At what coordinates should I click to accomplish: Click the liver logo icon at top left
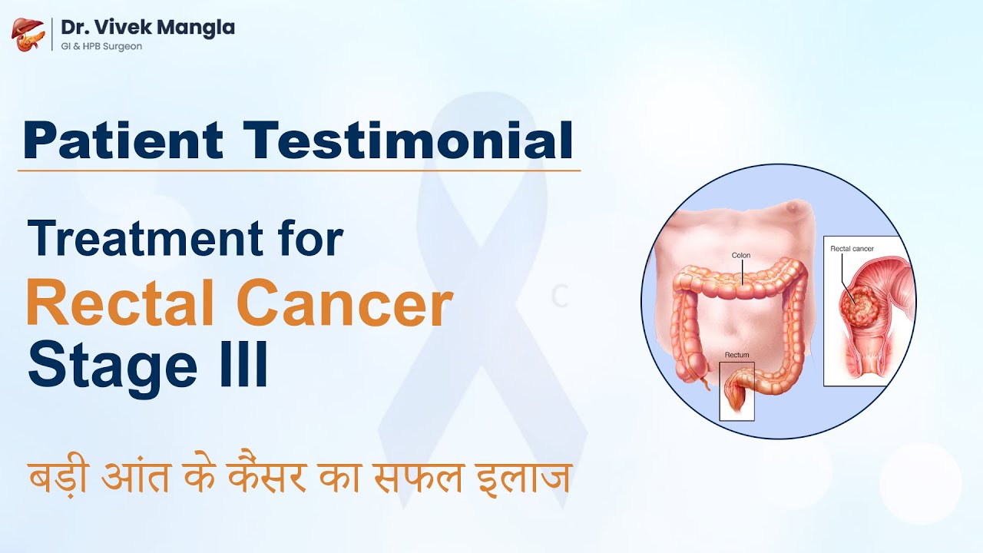(28, 34)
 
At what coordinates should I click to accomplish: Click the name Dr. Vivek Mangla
(147, 28)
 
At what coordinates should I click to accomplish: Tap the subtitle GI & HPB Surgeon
(101, 46)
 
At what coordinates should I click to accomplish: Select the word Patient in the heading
(123, 141)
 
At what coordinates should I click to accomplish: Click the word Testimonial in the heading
(408, 141)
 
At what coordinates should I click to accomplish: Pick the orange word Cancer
(355, 305)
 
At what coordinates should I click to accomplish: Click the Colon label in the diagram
(741, 255)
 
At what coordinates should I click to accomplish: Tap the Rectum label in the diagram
(737, 356)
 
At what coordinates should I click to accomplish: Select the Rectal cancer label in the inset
(852, 249)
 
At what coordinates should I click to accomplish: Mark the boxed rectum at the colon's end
(736, 392)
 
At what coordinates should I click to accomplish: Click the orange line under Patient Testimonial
(299, 170)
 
